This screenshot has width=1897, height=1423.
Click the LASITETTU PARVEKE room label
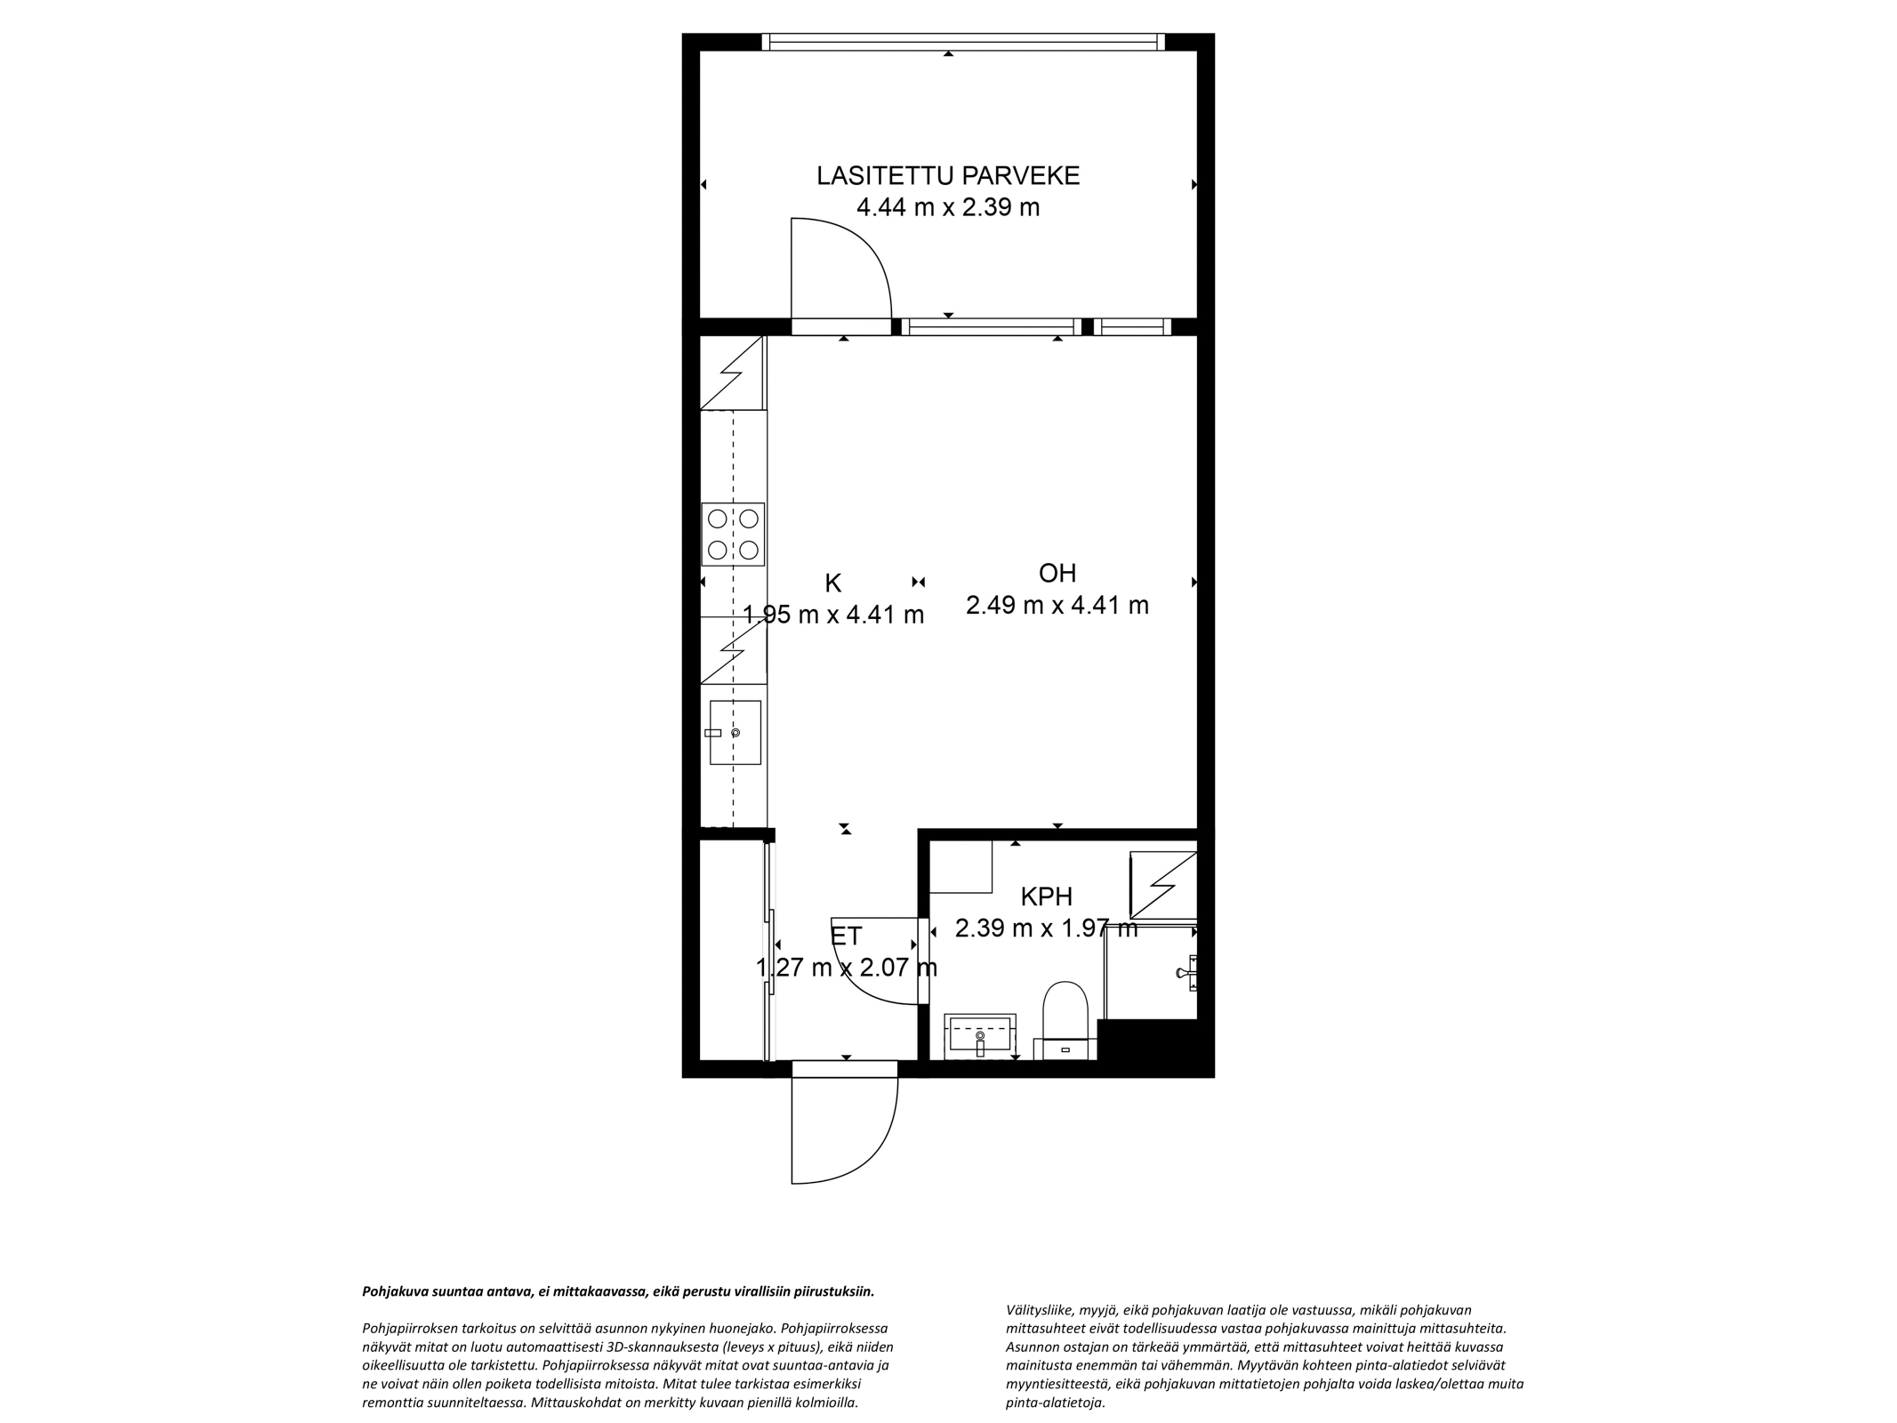point(948,175)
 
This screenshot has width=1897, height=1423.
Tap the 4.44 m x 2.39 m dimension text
point(948,208)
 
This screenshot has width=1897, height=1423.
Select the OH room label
point(1057,573)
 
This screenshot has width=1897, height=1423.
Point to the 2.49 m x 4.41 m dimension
point(1057,606)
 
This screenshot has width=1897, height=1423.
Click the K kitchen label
point(833,583)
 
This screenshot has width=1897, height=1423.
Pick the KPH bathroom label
point(1046,896)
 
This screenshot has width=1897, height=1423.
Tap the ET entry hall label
point(846,936)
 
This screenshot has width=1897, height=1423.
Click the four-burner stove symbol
point(733,535)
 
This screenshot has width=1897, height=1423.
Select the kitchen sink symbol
point(735,732)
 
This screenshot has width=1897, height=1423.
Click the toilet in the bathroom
point(1065,1020)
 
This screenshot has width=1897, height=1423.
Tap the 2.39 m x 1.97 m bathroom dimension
point(1046,929)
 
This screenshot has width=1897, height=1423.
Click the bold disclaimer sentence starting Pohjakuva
point(619,1291)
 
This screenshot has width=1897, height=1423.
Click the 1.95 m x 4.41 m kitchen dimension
point(833,615)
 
